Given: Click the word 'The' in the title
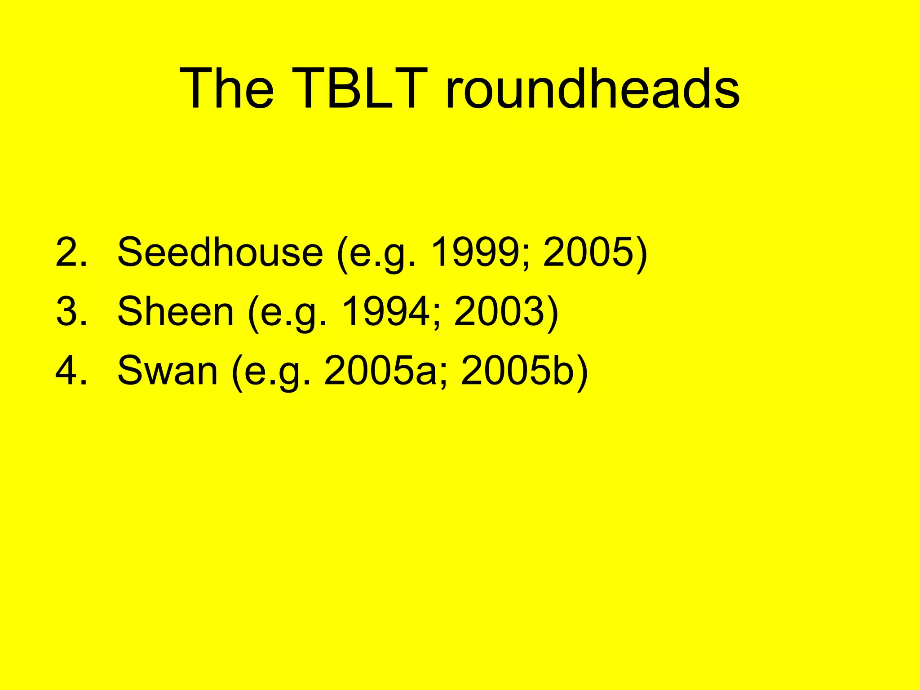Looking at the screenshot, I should (226, 88).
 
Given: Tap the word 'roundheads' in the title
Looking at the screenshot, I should (592, 88).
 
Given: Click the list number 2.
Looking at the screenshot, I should (71, 252).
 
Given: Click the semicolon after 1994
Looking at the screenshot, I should (437, 317).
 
